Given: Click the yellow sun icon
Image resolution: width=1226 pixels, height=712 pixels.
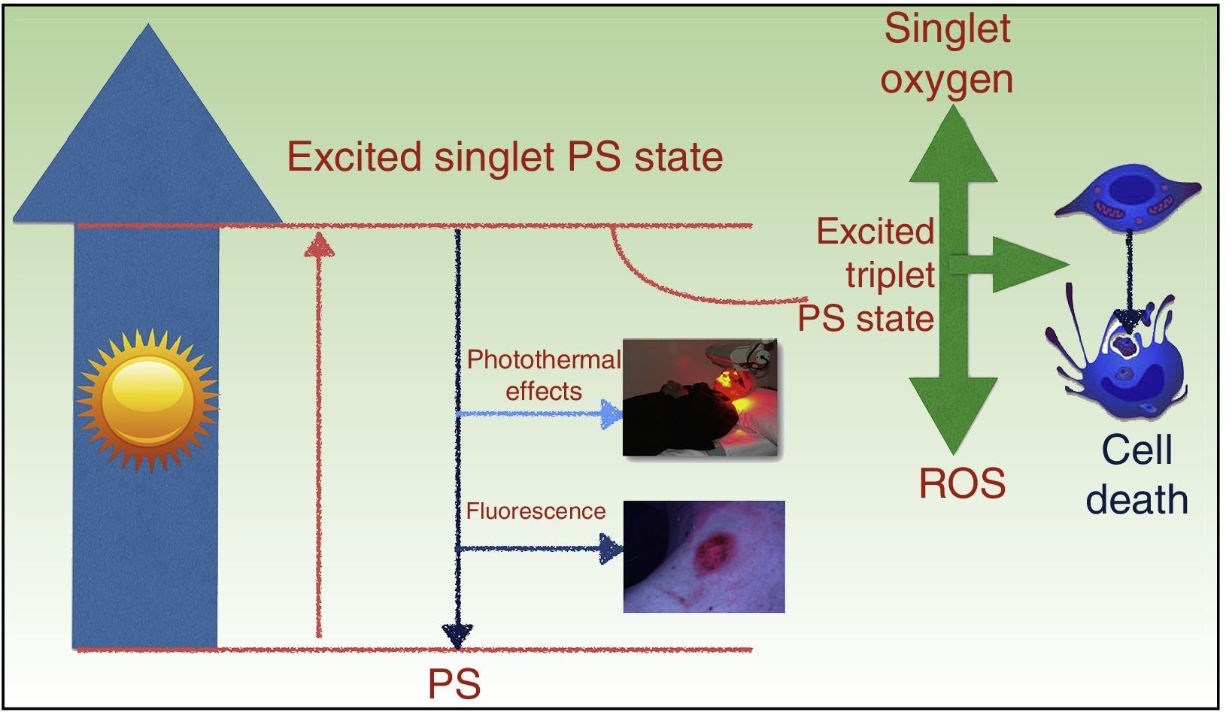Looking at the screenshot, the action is (147, 400).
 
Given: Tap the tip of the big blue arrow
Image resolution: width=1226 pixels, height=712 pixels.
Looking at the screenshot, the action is (148, 24).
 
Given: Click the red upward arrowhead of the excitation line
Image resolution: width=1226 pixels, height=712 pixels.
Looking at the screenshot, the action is (319, 244).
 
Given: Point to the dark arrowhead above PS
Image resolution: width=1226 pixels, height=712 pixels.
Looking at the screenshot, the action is (457, 636).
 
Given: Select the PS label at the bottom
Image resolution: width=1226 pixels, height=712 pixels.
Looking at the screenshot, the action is (454, 684).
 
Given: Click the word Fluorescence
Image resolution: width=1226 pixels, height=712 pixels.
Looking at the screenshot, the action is (536, 511).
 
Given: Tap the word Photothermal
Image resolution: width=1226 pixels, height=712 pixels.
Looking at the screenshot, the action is (544, 360).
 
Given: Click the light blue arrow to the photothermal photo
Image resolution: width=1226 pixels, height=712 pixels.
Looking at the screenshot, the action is (539, 414).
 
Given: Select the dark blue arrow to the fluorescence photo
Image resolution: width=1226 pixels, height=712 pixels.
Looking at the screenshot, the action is (539, 548).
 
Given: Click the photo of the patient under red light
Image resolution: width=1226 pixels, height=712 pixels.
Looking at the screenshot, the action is (700, 397).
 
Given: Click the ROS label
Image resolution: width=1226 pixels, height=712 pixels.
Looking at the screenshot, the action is (962, 483).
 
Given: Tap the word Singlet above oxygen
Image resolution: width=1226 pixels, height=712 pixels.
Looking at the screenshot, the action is (948, 29).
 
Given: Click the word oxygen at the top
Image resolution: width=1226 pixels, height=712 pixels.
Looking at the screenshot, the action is (947, 81).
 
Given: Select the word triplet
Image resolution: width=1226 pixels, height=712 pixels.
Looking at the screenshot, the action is (891, 275).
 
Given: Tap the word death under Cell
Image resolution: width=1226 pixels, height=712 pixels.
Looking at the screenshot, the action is (1137, 500).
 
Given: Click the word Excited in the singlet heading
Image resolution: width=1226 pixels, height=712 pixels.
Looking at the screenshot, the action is (354, 156).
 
